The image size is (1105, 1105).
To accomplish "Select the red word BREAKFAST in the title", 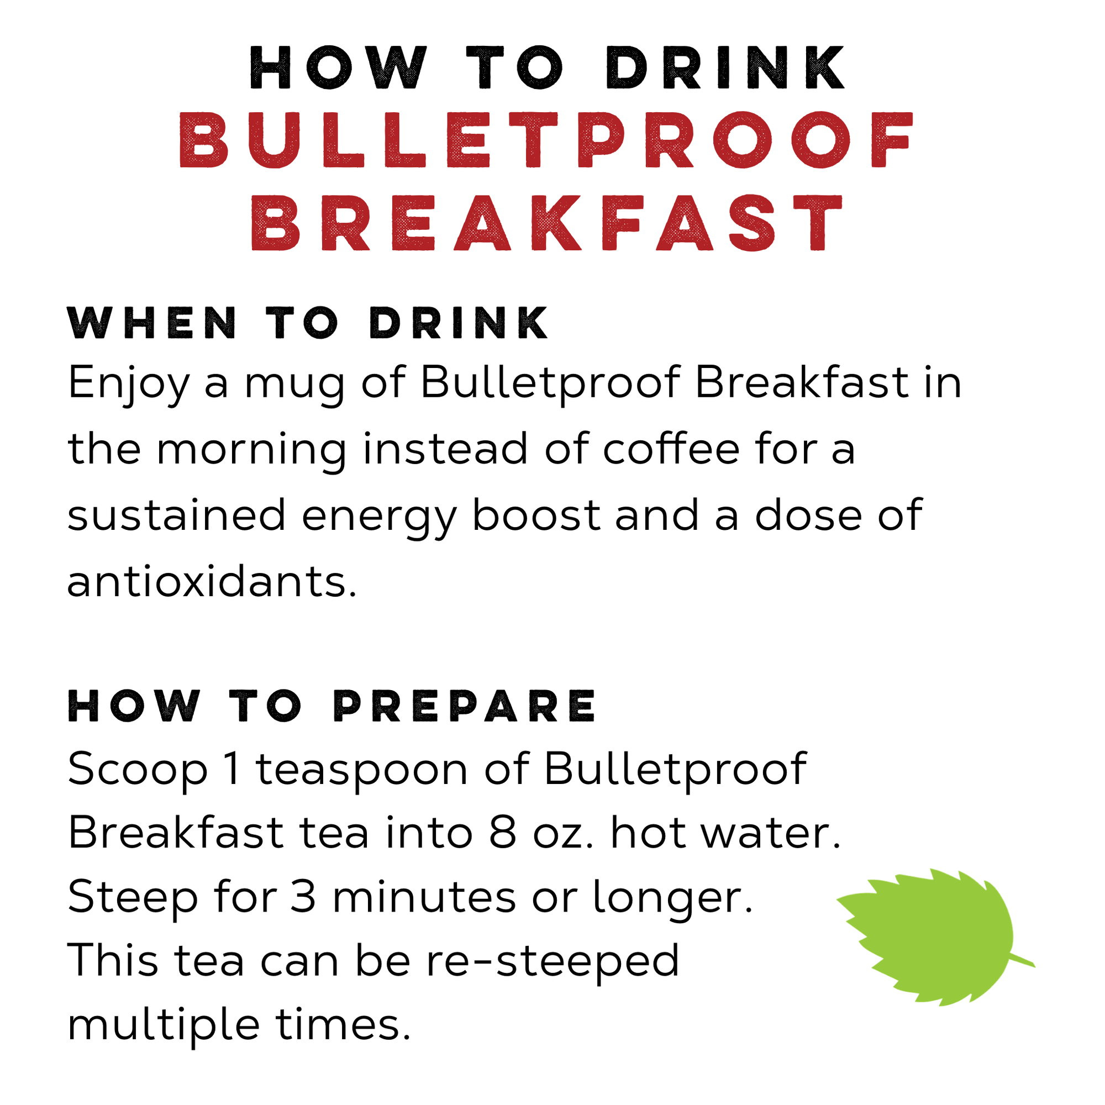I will click(548, 224).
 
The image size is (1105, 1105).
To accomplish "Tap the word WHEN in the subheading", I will click(152, 323).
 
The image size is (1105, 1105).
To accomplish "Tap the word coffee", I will click(671, 449).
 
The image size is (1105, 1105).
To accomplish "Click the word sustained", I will click(176, 515).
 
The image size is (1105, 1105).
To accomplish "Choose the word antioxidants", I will click(212, 582).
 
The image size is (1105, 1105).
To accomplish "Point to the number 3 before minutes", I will click(303, 897).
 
